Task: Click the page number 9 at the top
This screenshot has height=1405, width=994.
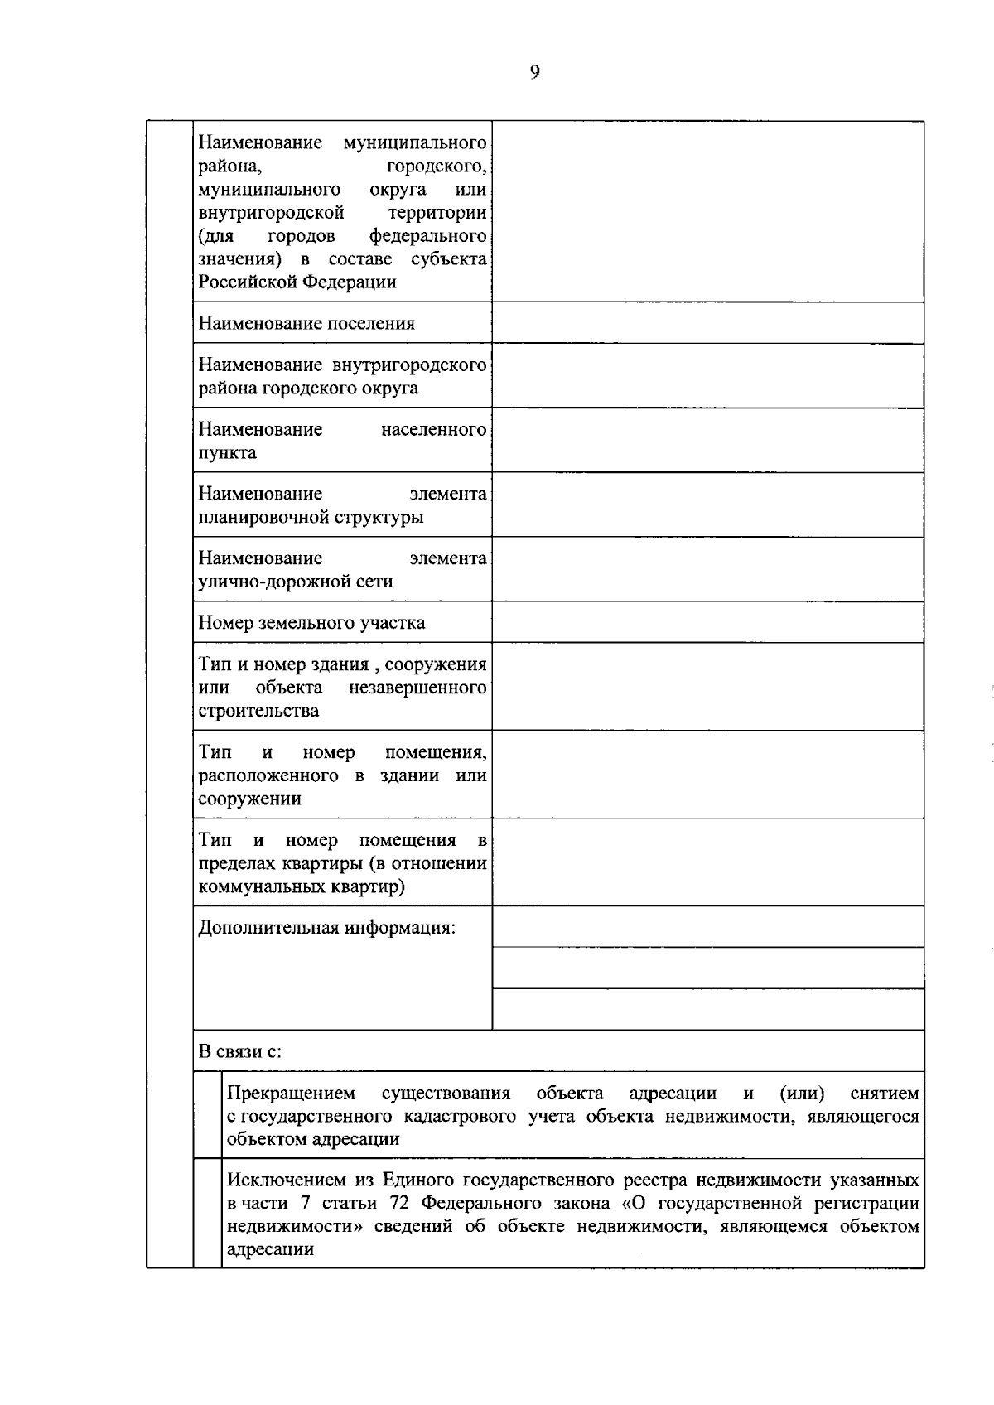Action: pos(534,73)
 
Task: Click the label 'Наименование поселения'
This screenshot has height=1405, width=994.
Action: pos(306,324)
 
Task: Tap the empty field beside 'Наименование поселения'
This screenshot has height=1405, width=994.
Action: pos(707,323)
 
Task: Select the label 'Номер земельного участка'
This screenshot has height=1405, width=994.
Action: pos(311,623)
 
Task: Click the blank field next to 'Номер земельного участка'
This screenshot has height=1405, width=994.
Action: pos(707,622)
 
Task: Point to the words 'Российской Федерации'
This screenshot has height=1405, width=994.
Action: pos(297,282)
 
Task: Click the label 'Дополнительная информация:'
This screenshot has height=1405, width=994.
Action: pos(326,928)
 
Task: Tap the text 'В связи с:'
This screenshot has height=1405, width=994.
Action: pos(239,1051)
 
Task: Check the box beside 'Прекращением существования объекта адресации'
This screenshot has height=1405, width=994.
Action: pos(208,1115)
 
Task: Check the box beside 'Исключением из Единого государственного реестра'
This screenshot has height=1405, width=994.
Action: pos(208,1214)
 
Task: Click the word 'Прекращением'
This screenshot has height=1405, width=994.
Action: pos(291,1094)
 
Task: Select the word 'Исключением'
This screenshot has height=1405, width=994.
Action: pos(282,1180)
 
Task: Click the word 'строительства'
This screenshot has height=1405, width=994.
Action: pos(258,712)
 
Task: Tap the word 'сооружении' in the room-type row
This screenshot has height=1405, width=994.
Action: pos(249,799)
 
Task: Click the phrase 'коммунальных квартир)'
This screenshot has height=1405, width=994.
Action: pos(302,887)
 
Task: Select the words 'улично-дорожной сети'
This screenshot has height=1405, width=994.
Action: pos(295,582)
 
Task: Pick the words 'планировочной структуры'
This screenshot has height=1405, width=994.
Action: pos(311,518)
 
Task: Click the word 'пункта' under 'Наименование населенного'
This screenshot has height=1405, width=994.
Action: pos(227,453)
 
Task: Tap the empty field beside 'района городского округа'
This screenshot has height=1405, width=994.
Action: pos(707,376)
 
